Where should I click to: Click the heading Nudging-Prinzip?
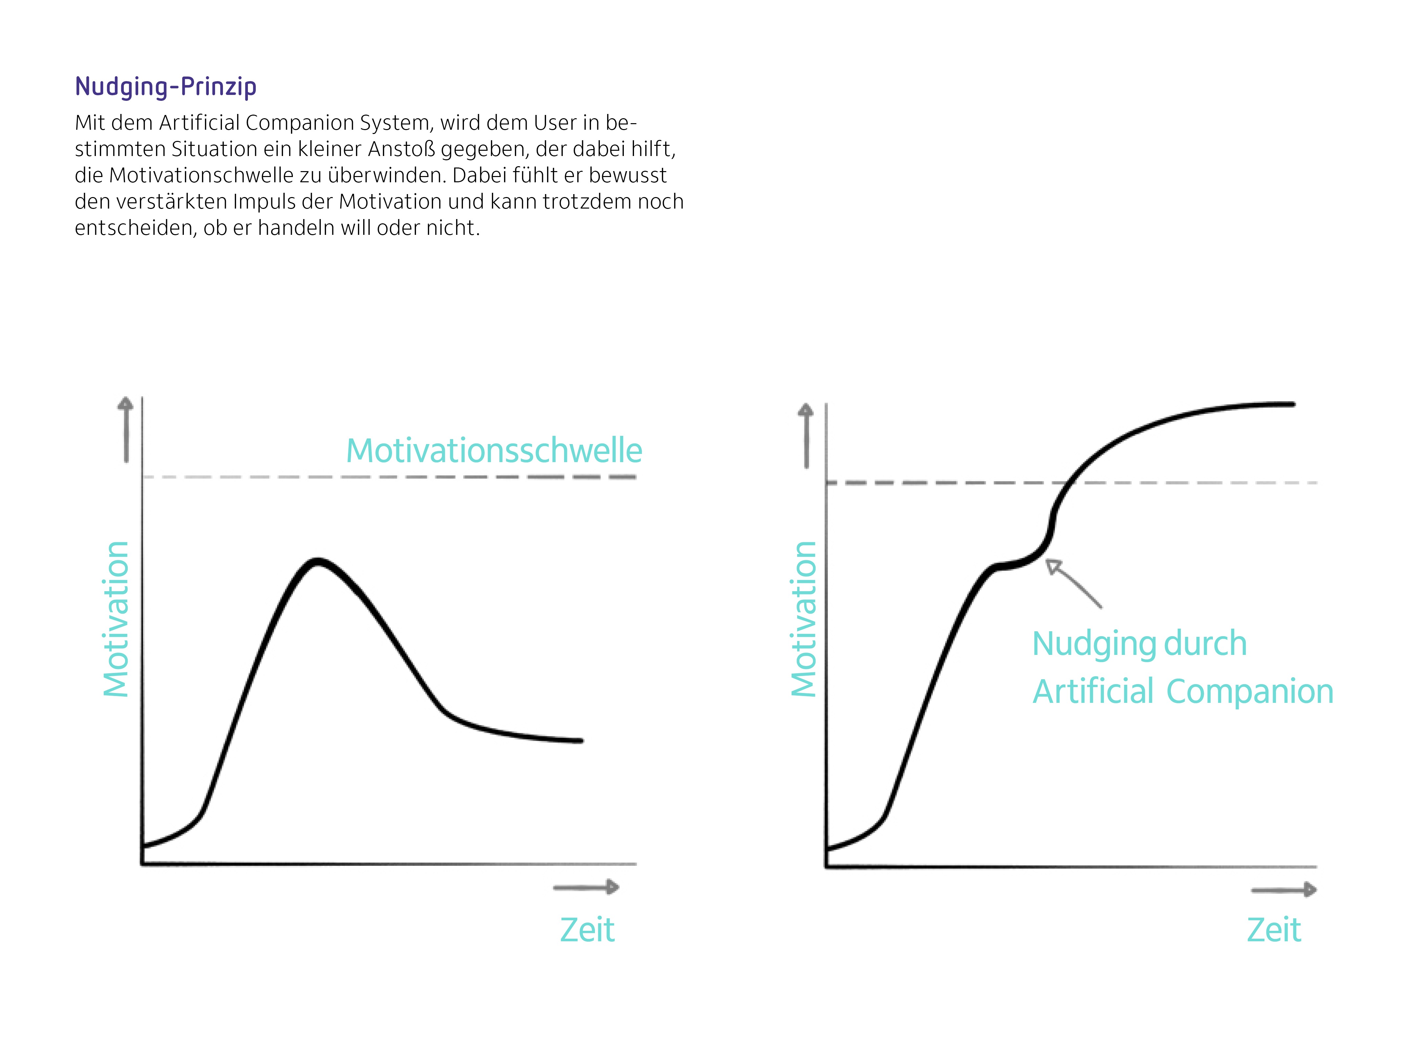pos(166,87)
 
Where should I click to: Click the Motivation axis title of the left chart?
pos(117,619)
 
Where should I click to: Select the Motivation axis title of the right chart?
pos(804,619)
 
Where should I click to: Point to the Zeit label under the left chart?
pos(587,930)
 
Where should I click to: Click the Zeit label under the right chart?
pos(1274,930)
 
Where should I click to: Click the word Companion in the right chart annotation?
pos(1249,691)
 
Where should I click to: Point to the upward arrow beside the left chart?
pos(126,430)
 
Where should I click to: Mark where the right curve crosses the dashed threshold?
pos(1066,483)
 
